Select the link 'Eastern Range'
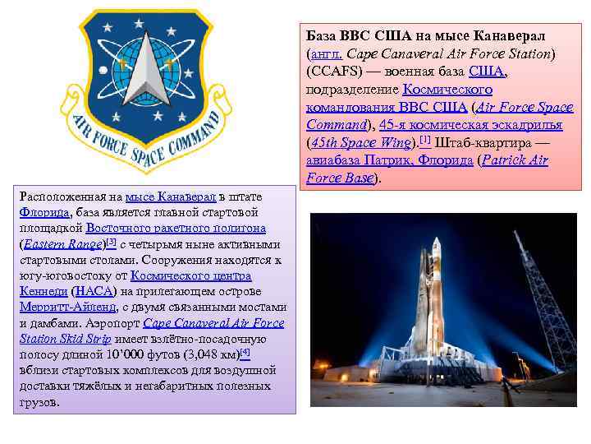coord(62,245)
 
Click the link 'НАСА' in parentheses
coord(94,292)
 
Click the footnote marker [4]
coord(245,352)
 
